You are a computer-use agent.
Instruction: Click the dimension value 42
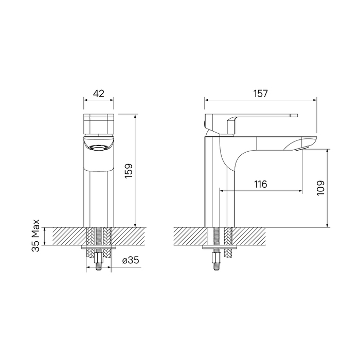tap(99, 94)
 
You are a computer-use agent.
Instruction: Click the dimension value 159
tap(129, 171)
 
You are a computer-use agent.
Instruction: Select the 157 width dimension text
tap(260, 94)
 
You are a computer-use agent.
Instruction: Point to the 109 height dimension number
tap(320, 188)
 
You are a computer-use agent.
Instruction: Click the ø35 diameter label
tap(131, 260)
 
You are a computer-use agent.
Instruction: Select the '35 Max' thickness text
tap(35, 236)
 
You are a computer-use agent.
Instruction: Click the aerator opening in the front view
tap(99, 148)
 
